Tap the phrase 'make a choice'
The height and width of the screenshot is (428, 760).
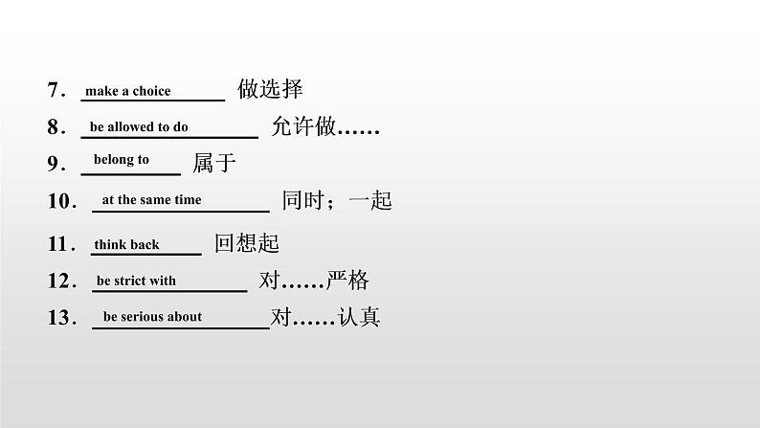point(127,91)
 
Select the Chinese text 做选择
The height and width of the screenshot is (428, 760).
point(270,90)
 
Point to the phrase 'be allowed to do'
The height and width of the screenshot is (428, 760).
point(139,126)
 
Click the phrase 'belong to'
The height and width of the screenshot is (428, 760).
point(121,160)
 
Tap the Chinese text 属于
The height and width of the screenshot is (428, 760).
point(214,163)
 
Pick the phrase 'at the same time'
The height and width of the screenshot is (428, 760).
point(151,200)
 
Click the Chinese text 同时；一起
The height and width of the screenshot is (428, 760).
point(337,201)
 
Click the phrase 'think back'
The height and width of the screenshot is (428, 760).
point(126,245)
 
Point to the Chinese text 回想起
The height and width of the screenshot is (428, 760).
point(246,243)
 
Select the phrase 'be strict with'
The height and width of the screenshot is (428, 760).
point(136,282)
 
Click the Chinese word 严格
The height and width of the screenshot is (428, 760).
point(347,282)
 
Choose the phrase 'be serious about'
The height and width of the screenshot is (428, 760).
point(152,317)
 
